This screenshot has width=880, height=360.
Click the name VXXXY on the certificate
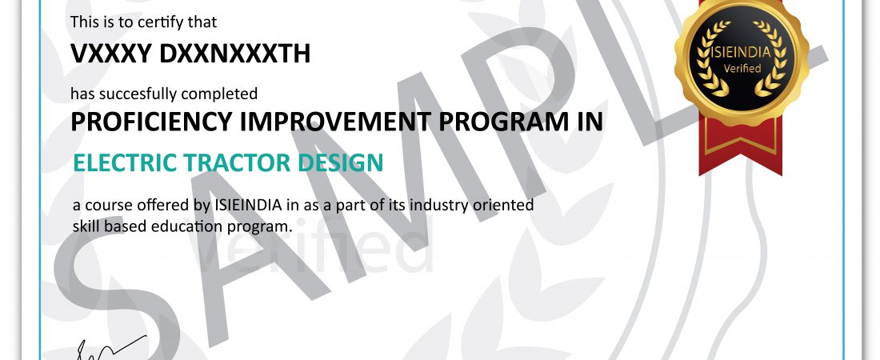pyautogui.click(x=111, y=54)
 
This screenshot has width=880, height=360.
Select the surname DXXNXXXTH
pyautogui.click(x=234, y=54)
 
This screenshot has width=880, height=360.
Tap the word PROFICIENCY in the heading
pyautogui.click(x=151, y=122)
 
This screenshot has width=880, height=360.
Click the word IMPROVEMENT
pyautogui.click(x=336, y=122)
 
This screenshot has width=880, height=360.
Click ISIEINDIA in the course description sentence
pyautogui.click(x=248, y=205)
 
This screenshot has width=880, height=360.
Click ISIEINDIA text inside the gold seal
pyautogui.click(x=742, y=53)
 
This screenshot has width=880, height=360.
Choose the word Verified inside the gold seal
pyautogui.click(x=742, y=69)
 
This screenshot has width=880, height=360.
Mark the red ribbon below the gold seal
pyautogui.click(x=740, y=145)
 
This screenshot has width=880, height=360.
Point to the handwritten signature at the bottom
pyautogui.click(x=110, y=348)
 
